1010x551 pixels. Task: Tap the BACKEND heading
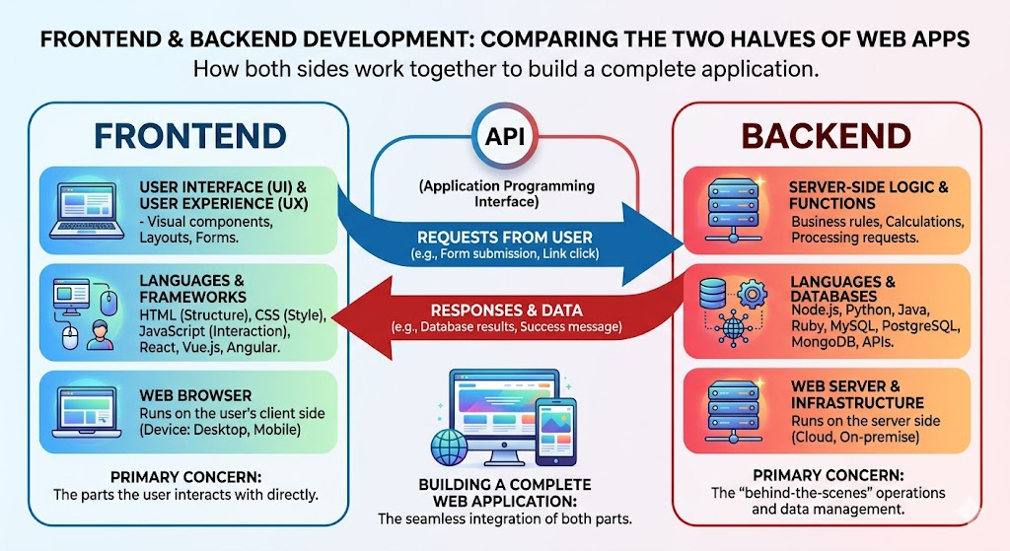(x=827, y=136)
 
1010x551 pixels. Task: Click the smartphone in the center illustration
(x=554, y=431)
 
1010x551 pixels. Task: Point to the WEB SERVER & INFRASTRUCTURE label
(x=857, y=395)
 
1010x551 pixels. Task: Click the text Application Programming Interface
(x=505, y=194)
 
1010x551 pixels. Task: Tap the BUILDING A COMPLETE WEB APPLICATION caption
(x=505, y=492)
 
